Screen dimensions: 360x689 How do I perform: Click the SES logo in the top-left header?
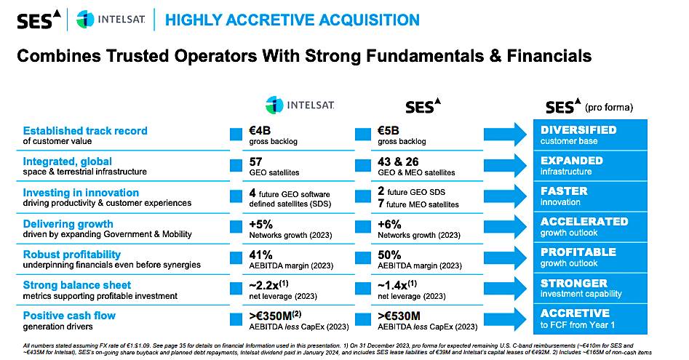[x=34, y=20]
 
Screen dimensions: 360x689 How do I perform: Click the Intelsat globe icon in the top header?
[x=86, y=20]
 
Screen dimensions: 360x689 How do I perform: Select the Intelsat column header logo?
[x=300, y=105]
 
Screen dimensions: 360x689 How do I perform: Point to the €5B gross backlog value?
[x=389, y=130]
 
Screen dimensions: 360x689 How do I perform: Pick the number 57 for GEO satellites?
[x=256, y=161]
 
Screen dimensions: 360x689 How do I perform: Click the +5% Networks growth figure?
[x=260, y=223]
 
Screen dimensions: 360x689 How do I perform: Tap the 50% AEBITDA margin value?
[x=389, y=255]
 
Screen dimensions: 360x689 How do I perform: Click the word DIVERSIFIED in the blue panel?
[x=578, y=129]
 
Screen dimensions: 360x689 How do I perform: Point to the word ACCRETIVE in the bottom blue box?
[x=574, y=313]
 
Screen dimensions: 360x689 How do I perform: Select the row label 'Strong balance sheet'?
[x=77, y=284]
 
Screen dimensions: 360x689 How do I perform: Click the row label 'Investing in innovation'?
[x=81, y=192]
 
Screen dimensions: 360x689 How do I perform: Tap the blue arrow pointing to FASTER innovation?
[x=506, y=196]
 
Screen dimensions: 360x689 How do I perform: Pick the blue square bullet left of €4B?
[x=235, y=134]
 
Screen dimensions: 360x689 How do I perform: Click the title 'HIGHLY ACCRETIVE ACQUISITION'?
[x=292, y=20]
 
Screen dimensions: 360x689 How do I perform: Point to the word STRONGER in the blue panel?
[x=573, y=283]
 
